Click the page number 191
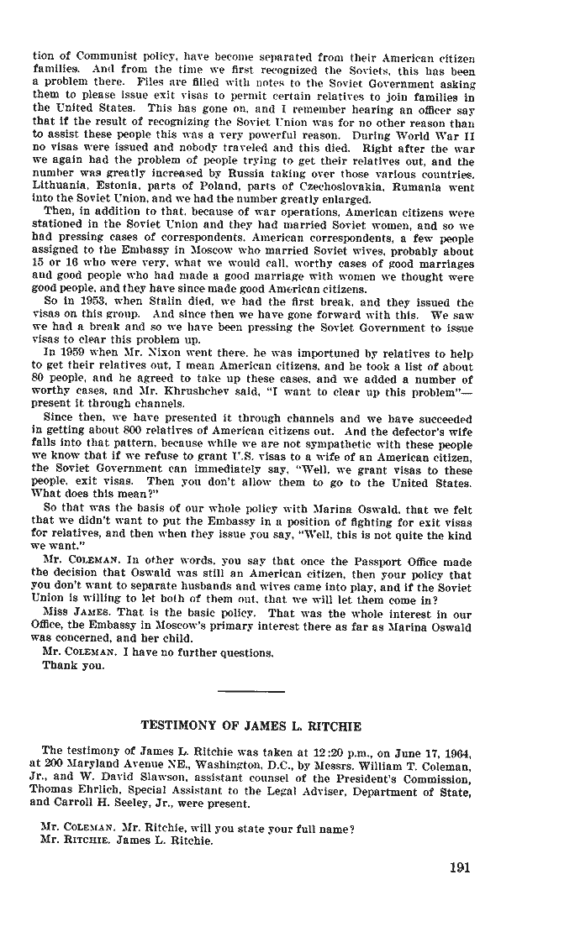pos(459,868)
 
